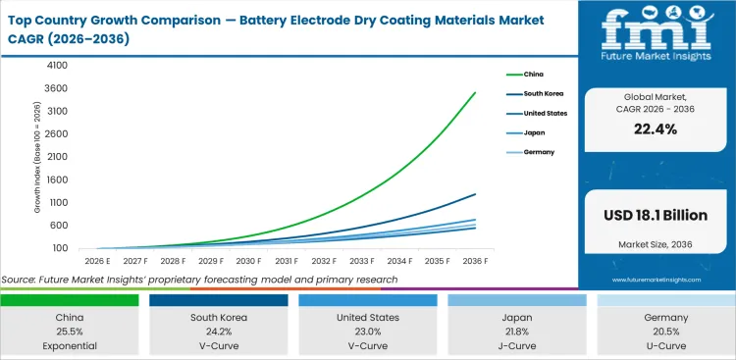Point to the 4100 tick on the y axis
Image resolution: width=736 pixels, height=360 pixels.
[55, 65]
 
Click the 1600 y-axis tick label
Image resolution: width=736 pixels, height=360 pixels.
[55, 180]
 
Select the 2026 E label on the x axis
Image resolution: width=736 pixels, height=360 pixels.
[95, 261]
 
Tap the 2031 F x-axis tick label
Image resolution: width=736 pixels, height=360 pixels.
[286, 261]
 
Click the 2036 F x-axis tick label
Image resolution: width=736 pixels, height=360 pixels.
[476, 261]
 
